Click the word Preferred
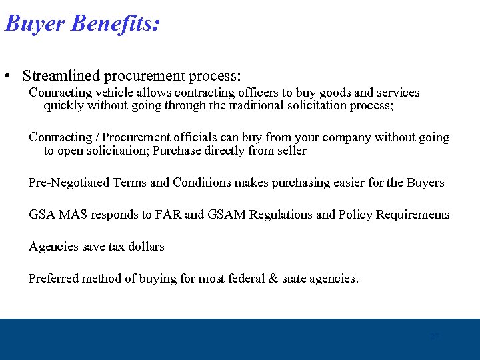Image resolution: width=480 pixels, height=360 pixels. point(53,279)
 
